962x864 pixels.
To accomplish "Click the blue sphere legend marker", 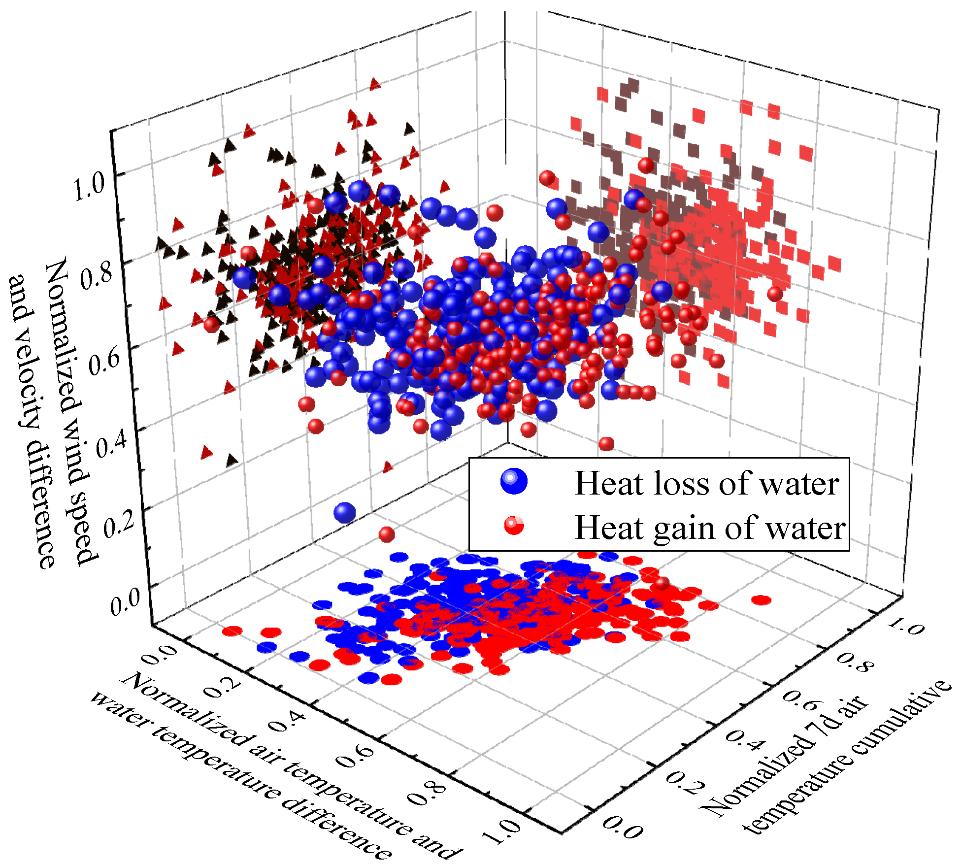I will (x=514, y=481).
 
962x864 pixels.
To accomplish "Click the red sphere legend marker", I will (x=514, y=526).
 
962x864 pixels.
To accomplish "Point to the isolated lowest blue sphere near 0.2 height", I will (x=344, y=512).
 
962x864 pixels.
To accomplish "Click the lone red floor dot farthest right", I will (x=761, y=600).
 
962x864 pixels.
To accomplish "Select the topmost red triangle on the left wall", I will (x=375, y=84).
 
